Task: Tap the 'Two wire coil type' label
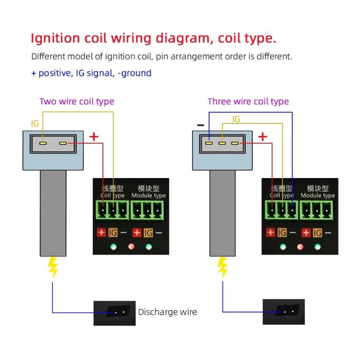(76, 101)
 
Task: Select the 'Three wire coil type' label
(248, 101)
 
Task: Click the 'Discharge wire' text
(167, 312)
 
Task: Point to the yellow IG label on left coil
(35, 123)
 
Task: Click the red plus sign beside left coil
(94, 136)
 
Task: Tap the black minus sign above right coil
(201, 126)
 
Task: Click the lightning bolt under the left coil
(53, 267)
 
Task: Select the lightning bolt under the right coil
(222, 267)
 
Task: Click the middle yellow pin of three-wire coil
(222, 144)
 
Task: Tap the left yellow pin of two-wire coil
(43, 144)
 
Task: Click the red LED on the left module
(131, 247)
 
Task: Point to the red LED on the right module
(301, 247)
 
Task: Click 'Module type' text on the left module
(148, 195)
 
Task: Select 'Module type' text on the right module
(318, 195)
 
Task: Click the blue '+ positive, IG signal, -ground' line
(91, 73)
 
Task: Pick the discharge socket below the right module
(283, 311)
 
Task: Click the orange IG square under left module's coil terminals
(112, 233)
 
